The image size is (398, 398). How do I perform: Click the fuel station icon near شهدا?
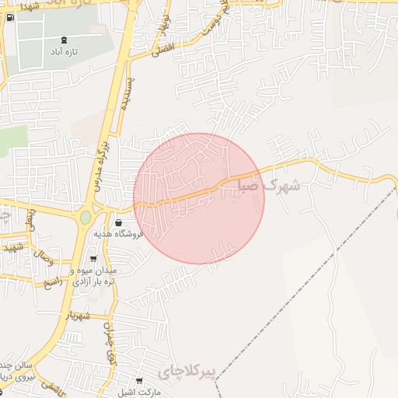click(9, 17)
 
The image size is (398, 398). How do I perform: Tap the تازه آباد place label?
click(64, 52)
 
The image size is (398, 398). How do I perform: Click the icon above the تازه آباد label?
click(64, 40)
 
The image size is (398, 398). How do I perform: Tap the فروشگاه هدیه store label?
click(116, 234)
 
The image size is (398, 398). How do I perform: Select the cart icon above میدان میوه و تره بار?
click(93, 260)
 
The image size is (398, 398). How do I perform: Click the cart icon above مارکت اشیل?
click(139, 381)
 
